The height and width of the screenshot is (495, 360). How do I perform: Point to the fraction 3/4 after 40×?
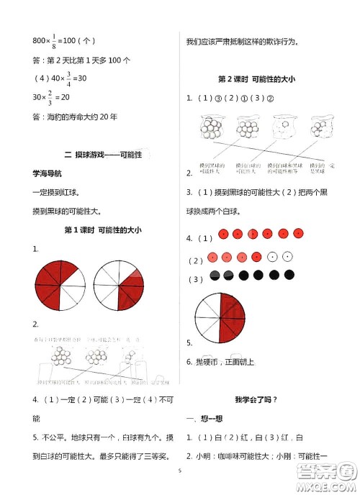pos(69,78)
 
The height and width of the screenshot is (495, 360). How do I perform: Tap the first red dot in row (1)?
pos(223,234)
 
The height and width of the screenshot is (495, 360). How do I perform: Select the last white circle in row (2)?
pos(287,256)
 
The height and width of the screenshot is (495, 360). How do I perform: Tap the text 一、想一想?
pos(204,418)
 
